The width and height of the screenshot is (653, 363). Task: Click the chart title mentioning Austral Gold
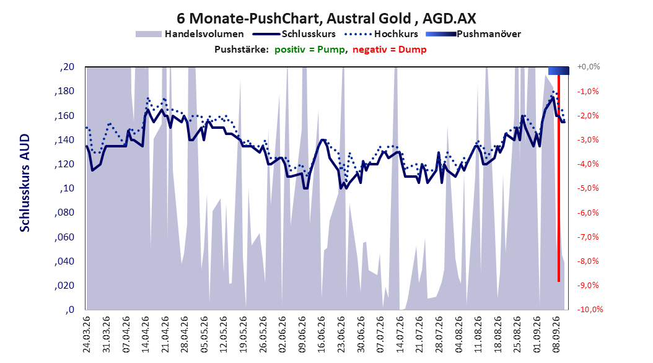326,19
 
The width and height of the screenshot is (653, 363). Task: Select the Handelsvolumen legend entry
190,34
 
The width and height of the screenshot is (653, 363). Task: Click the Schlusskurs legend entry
294,34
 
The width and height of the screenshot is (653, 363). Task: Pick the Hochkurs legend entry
382,34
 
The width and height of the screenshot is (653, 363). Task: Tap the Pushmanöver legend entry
473,34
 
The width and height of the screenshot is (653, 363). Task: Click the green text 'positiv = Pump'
309,50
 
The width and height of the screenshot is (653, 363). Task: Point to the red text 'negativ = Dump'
390,50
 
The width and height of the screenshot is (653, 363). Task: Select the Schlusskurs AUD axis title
25,183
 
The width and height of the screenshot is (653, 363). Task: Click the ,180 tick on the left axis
64,91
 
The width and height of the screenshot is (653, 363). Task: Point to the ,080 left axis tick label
64,212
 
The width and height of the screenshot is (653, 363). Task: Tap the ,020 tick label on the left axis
64,285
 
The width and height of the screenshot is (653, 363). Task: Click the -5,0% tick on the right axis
588,188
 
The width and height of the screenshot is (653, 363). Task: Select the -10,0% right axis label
590,309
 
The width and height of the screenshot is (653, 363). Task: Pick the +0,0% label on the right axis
589,67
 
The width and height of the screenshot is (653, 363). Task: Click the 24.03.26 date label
87,335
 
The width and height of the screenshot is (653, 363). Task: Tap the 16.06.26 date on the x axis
322,335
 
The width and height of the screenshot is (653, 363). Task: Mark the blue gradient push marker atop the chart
558,71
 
